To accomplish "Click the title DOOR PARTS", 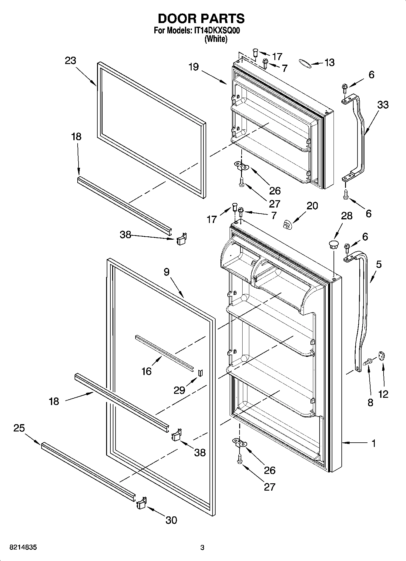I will pyautogui.click(x=201, y=19).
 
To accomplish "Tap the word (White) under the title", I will pyautogui.click(x=216, y=39).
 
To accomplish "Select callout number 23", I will pyautogui.click(x=70, y=61).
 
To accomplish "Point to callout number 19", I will pyautogui.click(x=193, y=67).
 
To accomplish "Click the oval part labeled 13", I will pyautogui.click(x=304, y=63).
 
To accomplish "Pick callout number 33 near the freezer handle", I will pyautogui.click(x=383, y=105).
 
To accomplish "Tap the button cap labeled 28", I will pyautogui.click(x=333, y=245).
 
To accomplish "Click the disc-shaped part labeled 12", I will pyautogui.click(x=381, y=356).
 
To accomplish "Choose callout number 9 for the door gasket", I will pyautogui.click(x=166, y=272).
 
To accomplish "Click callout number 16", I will pyautogui.click(x=146, y=371).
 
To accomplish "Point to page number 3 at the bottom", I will pyautogui.click(x=202, y=548).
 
